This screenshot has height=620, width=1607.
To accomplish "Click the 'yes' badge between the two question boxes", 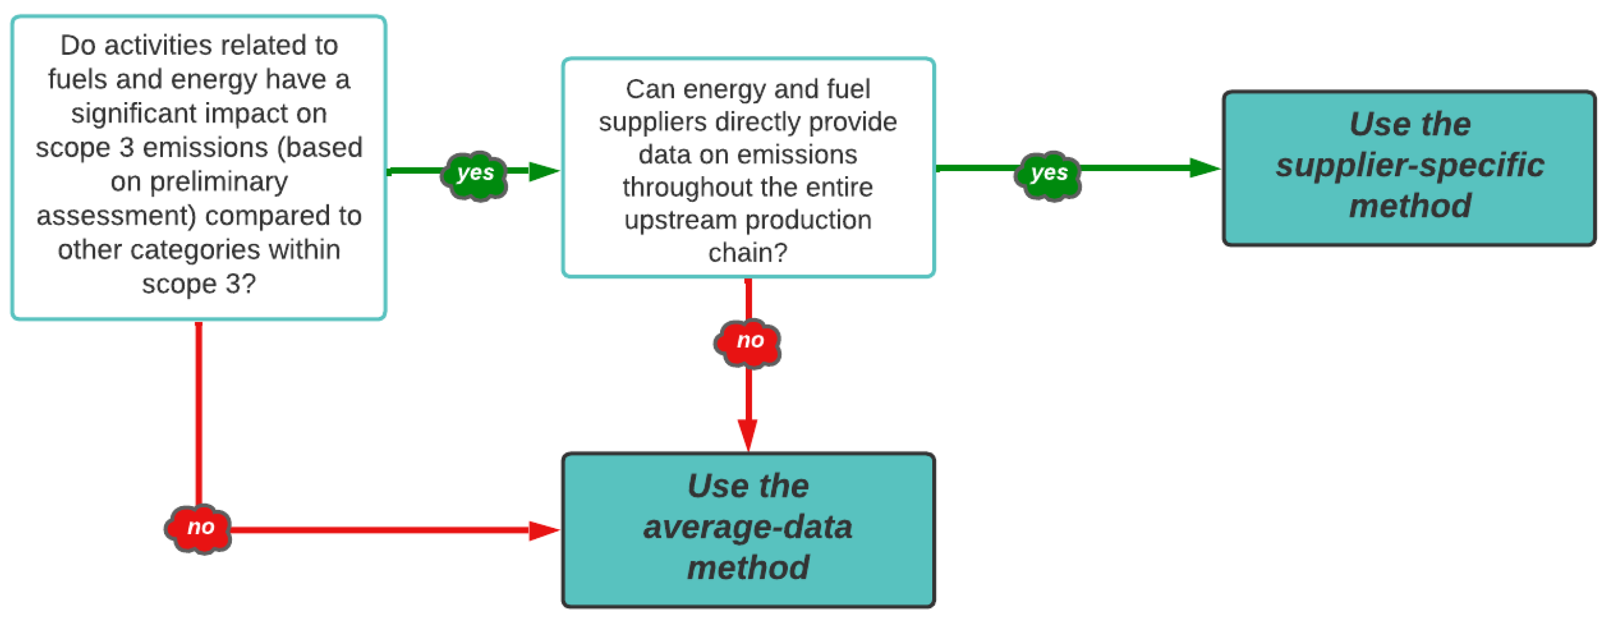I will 475,173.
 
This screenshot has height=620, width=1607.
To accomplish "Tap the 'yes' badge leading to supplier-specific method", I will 1049,173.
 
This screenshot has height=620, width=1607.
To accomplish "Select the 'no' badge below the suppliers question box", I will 749,341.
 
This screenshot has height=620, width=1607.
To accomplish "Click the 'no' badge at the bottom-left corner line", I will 200,528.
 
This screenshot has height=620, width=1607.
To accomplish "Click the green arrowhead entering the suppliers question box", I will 544,171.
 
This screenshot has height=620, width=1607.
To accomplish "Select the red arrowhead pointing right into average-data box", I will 544,530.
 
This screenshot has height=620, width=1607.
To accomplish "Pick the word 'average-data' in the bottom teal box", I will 748,527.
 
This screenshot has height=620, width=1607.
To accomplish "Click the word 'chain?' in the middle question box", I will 748,253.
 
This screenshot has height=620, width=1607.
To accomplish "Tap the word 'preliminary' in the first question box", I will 218,182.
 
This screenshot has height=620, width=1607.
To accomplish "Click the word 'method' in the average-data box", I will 748,568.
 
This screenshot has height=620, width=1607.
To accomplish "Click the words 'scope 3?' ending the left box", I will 198,284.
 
